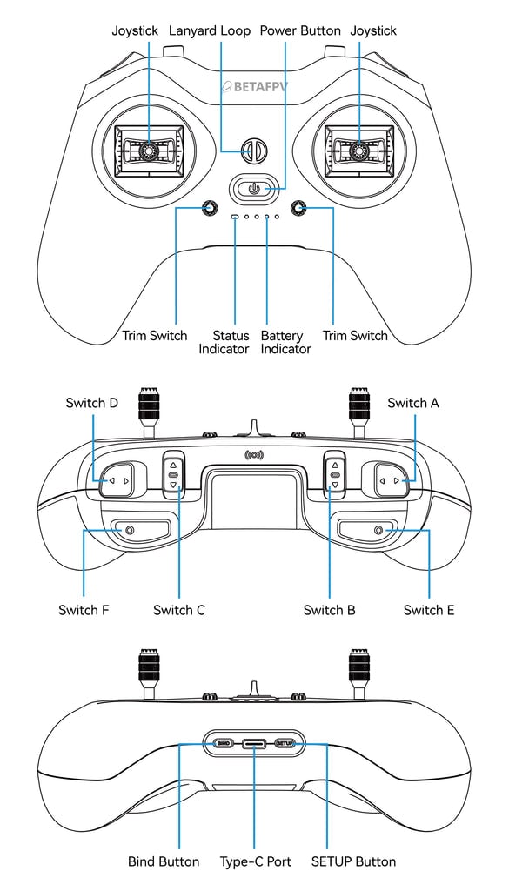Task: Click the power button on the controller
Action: pyautogui.click(x=253, y=188)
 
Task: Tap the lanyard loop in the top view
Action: pyautogui.click(x=252, y=151)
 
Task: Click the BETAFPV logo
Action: pyautogui.click(x=255, y=86)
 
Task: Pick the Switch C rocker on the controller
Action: pyautogui.click(x=173, y=475)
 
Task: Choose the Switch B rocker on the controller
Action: pyautogui.click(x=334, y=475)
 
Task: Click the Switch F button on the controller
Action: pyautogui.click(x=130, y=530)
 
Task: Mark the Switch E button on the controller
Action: pyautogui.click(x=378, y=530)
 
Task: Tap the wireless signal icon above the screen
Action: pyautogui.click(x=254, y=454)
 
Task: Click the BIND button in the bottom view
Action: pyautogui.click(x=223, y=744)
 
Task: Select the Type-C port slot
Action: pyautogui.click(x=255, y=744)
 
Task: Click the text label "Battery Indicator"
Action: pyautogui.click(x=285, y=342)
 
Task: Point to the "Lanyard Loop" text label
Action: pyautogui.click(x=209, y=30)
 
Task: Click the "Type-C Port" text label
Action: pyautogui.click(x=255, y=861)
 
